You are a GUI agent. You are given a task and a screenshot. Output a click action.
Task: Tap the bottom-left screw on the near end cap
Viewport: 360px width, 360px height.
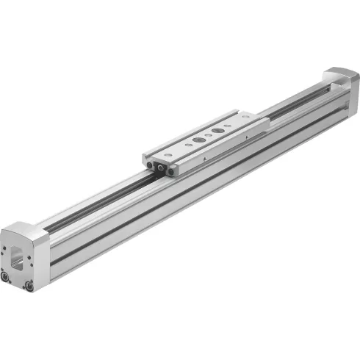7,278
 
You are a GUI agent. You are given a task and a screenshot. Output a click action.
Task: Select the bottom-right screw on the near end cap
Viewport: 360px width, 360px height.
29,286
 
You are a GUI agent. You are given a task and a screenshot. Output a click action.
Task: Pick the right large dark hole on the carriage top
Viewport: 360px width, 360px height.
216,131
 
